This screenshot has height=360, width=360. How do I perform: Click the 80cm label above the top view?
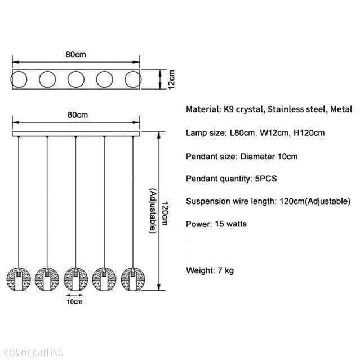click(75, 55)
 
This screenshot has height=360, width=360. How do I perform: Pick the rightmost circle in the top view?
click(132, 79)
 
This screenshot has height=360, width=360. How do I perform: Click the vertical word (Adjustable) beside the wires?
click(153, 211)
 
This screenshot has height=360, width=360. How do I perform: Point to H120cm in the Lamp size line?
click(308, 133)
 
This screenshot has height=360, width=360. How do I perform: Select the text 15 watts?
click(229, 224)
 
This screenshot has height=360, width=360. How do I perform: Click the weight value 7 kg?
click(225, 270)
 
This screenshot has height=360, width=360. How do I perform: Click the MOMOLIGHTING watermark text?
click(32, 353)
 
